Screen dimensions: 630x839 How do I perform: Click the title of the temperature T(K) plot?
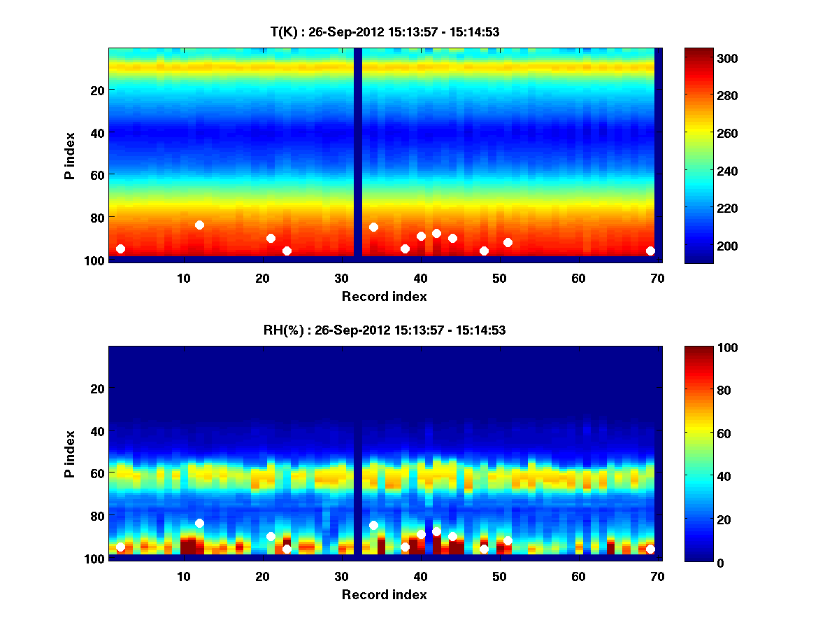point(385,31)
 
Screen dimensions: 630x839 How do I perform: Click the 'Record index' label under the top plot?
point(384,296)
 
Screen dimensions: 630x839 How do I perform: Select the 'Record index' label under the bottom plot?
point(384,594)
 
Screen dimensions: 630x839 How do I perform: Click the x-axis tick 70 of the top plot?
point(657,278)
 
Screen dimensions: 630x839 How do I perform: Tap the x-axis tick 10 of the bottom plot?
point(183,577)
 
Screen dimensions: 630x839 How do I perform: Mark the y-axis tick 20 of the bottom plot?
point(96,388)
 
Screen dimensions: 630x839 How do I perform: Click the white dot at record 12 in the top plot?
point(199,225)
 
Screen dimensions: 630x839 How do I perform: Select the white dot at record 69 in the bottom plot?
point(650,549)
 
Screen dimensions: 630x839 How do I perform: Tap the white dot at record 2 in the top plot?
point(120,248)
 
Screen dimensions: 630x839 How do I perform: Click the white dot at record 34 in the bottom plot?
point(373,525)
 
